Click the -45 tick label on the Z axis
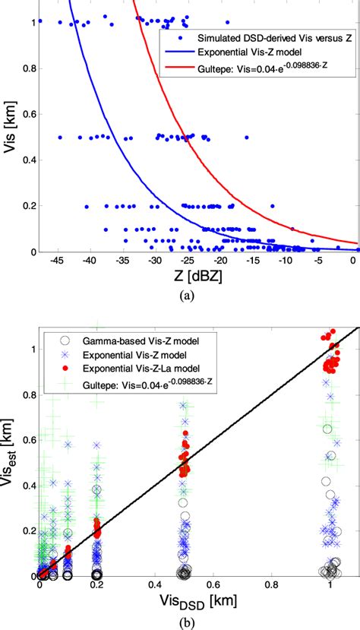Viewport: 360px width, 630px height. [56, 261]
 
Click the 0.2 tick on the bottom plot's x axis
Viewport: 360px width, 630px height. [98, 586]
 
